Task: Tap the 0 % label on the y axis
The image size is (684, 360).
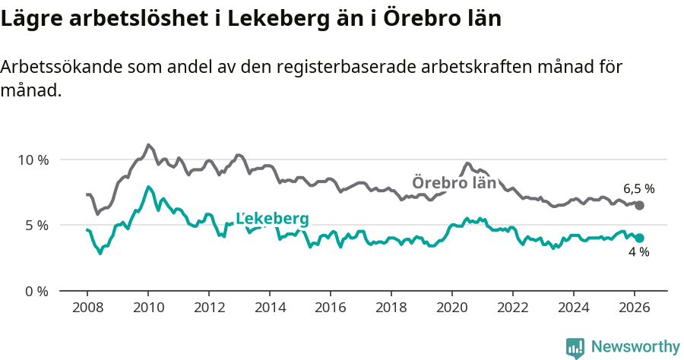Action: [36, 291]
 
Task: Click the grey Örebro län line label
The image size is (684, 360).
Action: [454, 183]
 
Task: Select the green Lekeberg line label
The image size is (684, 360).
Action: [272, 219]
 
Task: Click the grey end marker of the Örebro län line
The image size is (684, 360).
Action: [639, 206]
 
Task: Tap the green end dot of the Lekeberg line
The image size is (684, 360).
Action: [639, 238]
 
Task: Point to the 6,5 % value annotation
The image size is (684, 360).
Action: [638, 188]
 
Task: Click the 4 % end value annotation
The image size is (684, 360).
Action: [638, 252]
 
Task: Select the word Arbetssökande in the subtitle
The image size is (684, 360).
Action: [57, 67]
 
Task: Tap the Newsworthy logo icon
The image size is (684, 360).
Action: [575, 348]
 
